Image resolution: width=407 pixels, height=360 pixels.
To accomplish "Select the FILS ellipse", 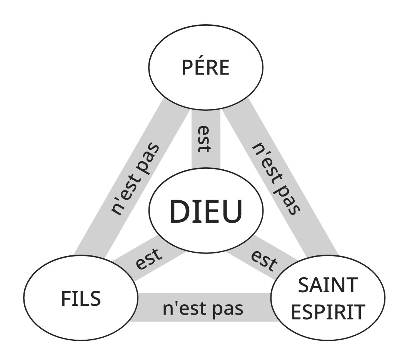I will pos(81,298).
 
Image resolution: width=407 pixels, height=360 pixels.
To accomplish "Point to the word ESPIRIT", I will pos(328,312).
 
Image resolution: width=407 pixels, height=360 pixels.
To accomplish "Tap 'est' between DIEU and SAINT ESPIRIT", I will pos(264,260).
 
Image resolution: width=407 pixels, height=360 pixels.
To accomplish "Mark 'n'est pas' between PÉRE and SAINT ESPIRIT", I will pos(275,179).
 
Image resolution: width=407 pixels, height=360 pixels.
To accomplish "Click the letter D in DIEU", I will pos(178,212).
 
